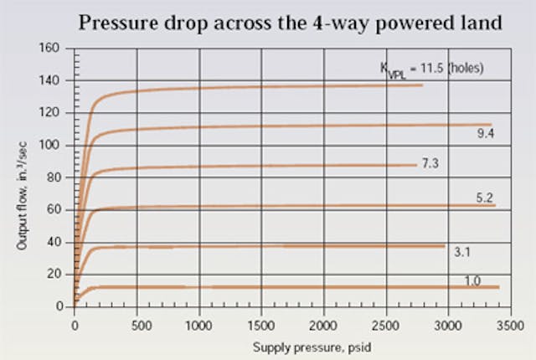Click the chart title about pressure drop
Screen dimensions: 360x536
click(x=291, y=23)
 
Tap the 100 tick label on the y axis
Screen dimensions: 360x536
click(x=54, y=146)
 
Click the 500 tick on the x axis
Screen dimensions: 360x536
click(x=137, y=320)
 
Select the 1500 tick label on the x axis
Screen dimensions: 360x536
click(x=262, y=320)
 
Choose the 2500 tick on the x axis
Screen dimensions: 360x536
click(x=386, y=320)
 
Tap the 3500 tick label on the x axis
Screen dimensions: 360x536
click(x=510, y=320)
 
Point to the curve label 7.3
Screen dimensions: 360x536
click(x=430, y=163)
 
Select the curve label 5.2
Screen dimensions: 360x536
click(x=485, y=198)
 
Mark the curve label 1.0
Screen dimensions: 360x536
click(x=472, y=280)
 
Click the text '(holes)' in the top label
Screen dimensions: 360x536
click(x=462, y=69)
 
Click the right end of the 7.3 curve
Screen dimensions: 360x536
click(x=415, y=165)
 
